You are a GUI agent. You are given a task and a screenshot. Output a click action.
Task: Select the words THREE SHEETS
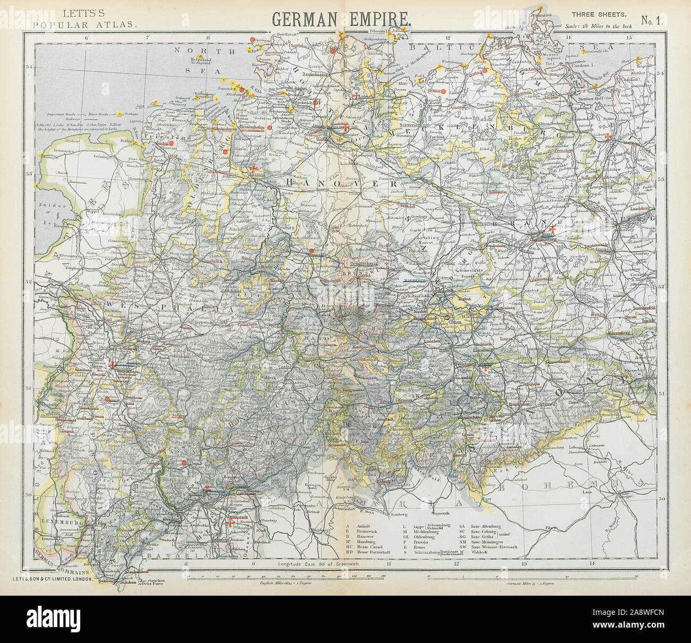coord(602,14)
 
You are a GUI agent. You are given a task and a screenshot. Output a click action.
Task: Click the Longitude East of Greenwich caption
coord(319,563)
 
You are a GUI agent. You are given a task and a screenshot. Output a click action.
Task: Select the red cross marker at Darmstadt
coord(230,523)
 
